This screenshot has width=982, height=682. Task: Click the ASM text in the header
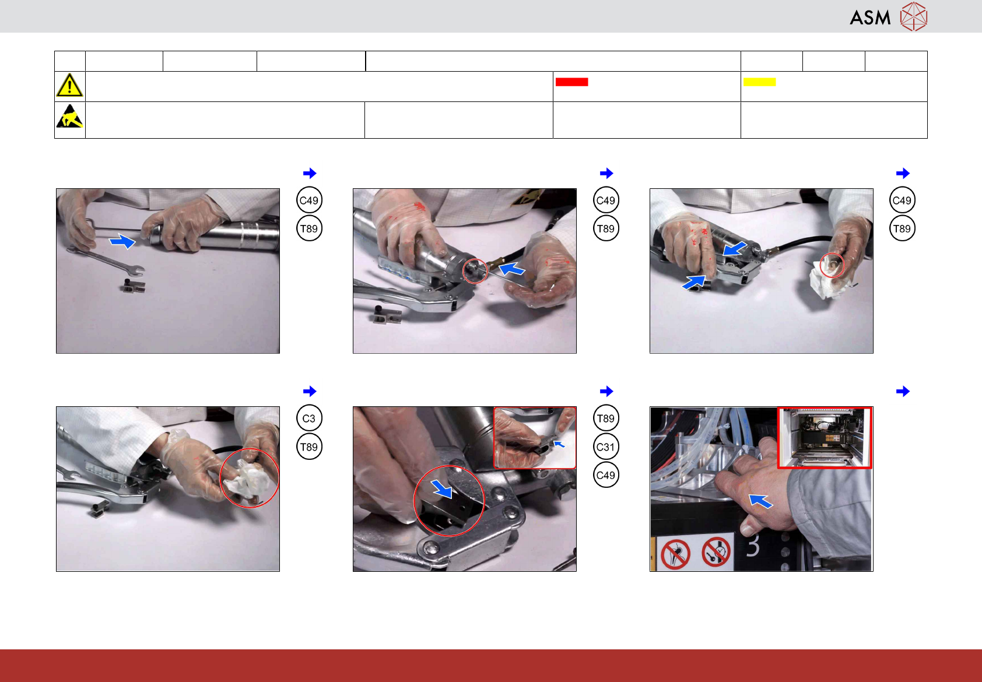[x=870, y=18]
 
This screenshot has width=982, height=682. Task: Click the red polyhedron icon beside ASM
[x=914, y=17]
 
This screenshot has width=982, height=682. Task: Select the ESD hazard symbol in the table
[x=70, y=116]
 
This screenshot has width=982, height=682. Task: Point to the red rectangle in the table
[x=571, y=82]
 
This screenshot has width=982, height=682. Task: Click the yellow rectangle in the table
[x=759, y=82]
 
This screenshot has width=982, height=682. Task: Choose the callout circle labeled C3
[x=309, y=418]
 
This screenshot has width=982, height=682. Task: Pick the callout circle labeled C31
[x=606, y=447]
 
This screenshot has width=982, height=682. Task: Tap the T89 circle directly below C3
[x=309, y=447]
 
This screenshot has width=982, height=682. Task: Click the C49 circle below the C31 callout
[x=606, y=475]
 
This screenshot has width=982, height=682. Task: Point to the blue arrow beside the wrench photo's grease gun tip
[x=122, y=241]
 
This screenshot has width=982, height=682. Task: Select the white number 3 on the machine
[x=752, y=546]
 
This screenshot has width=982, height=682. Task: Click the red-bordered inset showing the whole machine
[x=825, y=438]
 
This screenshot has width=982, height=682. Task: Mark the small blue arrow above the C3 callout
[x=310, y=391]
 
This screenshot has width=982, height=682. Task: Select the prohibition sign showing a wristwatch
[x=716, y=552]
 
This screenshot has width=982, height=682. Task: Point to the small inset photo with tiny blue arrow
[x=535, y=438]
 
